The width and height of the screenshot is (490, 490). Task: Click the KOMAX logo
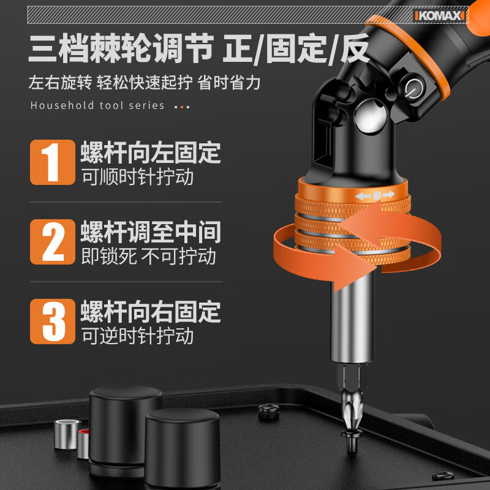[x=440, y=16]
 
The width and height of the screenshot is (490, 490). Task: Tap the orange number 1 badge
[x=53, y=162]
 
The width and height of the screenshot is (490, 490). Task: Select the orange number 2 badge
[x=53, y=242]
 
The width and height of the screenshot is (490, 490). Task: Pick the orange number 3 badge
[x=53, y=322]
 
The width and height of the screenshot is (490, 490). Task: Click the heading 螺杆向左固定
[x=151, y=153]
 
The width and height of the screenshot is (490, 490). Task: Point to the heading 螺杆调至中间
[x=151, y=232]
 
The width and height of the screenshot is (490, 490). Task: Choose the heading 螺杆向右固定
[x=151, y=312]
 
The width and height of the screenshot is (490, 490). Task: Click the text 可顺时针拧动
[x=137, y=177]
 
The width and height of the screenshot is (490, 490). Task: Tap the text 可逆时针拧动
[x=137, y=336]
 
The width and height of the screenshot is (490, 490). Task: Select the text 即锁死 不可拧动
[x=148, y=256]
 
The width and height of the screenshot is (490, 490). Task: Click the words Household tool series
[x=97, y=105]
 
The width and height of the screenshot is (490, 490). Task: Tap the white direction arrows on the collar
[x=375, y=195]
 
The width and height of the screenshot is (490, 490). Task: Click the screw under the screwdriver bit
[x=352, y=440]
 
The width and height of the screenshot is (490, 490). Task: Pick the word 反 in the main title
[x=354, y=49]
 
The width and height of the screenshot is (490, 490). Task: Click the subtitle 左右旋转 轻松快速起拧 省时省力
[x=145, y=83]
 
